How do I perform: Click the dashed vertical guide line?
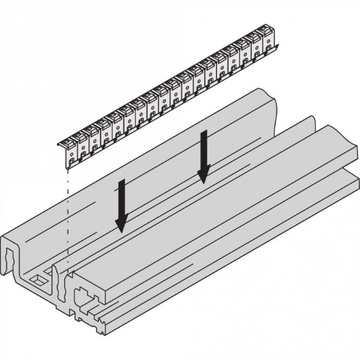(x=67, y=217)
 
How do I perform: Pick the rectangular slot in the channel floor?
(x=38, y=279)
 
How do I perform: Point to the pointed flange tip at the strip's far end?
(x=279, y=47)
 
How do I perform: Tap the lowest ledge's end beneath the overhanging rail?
(x=354, y=184)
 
